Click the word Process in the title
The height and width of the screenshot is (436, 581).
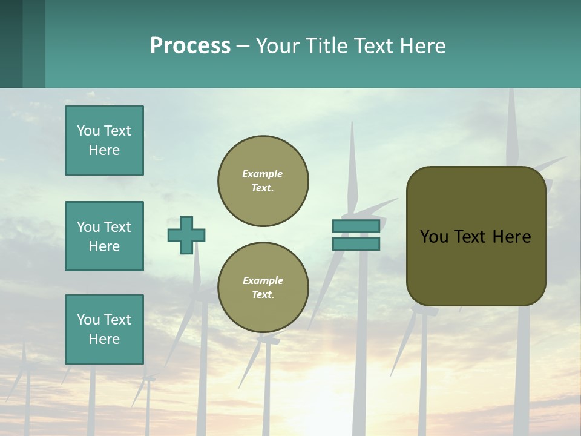[x=190, y=46]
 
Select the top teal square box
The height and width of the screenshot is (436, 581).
[x=104, y=140]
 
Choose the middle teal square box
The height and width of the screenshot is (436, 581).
[x=104, y=236]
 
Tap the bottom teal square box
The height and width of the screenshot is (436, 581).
[x=104, y=329]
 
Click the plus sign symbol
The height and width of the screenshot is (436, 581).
[x=186, y=235]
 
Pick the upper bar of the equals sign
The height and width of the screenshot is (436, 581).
[x=356, y=226]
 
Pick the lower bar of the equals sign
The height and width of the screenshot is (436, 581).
[x=356, y=244]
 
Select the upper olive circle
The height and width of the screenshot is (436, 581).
[x=263, y=180]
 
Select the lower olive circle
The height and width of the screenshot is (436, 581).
[x=263, y=288]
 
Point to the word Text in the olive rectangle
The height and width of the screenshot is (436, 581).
[x=476, y=237]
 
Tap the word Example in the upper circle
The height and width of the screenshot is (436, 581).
[x=263, y=174]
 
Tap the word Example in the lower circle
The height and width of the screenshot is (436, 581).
[x=263, y=280]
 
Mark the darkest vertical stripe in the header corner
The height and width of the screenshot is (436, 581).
[x=11, y=44]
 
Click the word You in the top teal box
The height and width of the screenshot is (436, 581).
[x=88, y=131]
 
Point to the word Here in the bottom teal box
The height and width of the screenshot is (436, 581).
[x=104, y=339]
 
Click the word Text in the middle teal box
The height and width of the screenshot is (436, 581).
[x=117, y=227]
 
